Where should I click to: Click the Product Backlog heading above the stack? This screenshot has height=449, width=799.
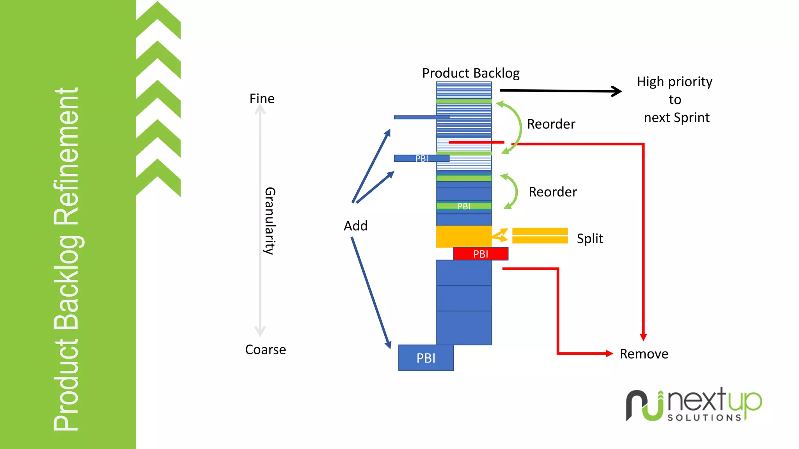471,73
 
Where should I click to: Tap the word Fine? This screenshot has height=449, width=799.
262,99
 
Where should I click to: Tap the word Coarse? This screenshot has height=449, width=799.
265,350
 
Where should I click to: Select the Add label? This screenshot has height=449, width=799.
355,226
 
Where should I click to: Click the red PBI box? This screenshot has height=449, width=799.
481,254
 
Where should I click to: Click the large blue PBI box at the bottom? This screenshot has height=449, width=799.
426,358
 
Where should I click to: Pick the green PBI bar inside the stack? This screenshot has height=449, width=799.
463,206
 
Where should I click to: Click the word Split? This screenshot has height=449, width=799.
590,238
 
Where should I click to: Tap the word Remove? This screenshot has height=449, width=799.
644,354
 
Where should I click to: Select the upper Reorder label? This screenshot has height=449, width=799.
551,124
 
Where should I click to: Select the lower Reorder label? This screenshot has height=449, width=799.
552,192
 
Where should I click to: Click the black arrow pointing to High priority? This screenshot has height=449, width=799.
560,91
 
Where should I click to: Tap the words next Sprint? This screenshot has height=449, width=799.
676,118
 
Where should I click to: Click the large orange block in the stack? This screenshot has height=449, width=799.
463,236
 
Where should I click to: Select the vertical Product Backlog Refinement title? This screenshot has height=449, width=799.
66,259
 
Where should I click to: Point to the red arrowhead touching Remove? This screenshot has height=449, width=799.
609,354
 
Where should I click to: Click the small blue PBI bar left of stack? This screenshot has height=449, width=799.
421,158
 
